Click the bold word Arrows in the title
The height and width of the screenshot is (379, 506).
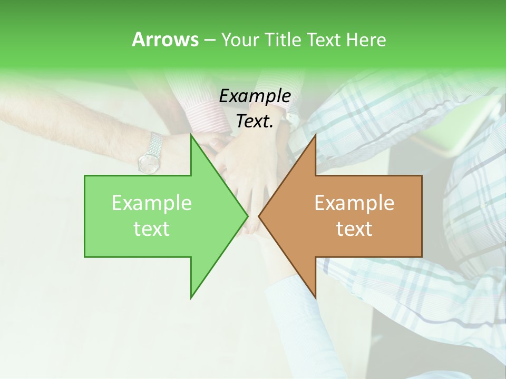tap(164, 39)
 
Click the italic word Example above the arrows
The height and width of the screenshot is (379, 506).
tap(255, 96)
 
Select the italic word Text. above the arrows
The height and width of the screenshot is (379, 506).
tap(255, 121)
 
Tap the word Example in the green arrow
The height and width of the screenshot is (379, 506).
tap(151, 203)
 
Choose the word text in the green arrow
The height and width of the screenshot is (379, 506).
tap(151, 229)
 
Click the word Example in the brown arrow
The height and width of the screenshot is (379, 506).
tap(354, 203)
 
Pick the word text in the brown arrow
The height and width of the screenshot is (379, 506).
tap(354, 229)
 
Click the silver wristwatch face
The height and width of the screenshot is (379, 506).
tap(148, 162)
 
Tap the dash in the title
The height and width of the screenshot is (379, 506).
tap(209, 40)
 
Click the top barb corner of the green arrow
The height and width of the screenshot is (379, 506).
tap(191, 135)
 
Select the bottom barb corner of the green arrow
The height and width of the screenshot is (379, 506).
tap(191, 297)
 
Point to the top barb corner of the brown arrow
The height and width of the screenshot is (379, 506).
tap(315, 135)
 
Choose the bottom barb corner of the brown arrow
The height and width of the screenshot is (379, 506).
tap(315, 297)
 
